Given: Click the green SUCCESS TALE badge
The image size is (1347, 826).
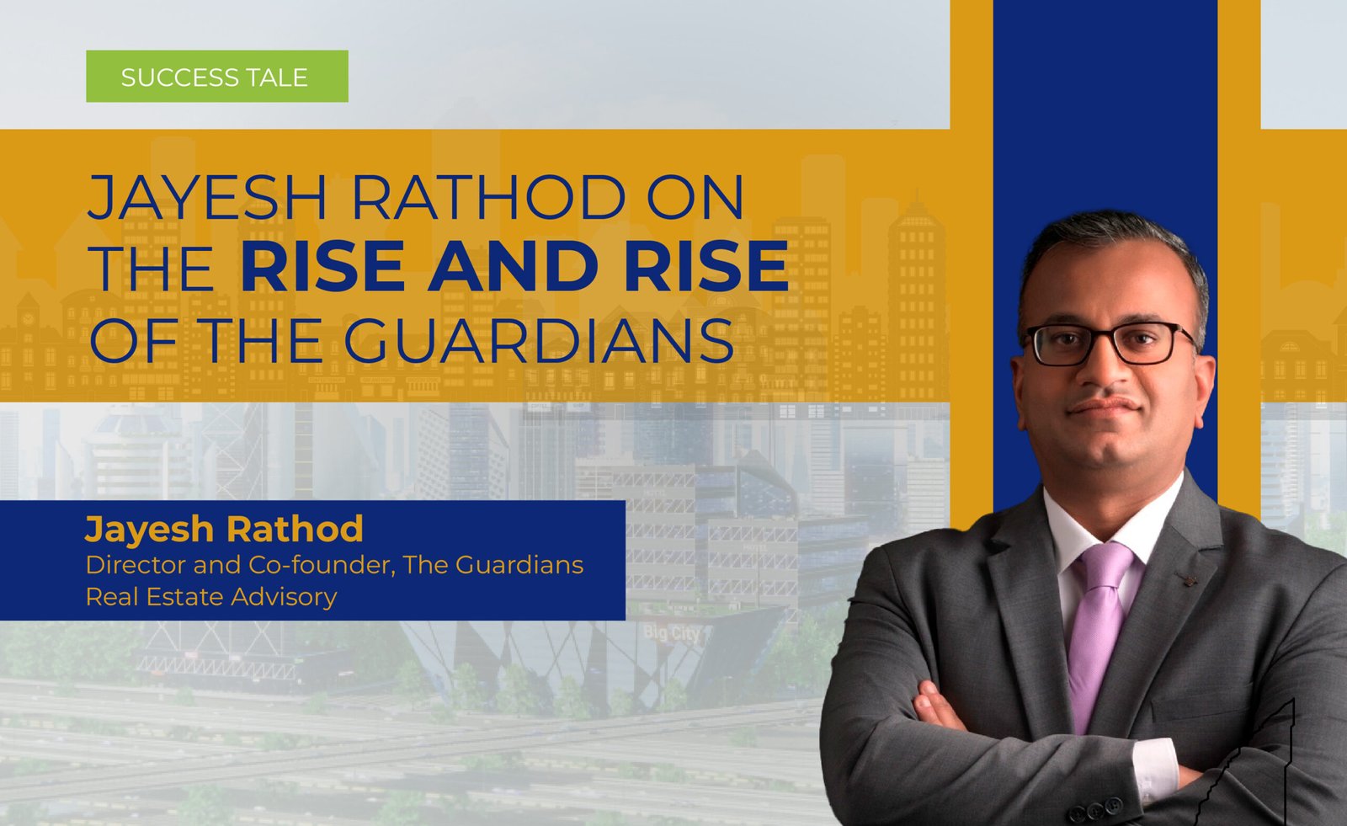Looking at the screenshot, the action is pyautogui.click(x=217, y=77).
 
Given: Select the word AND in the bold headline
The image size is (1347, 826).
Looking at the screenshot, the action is pyautogui.click(x=514, y=266).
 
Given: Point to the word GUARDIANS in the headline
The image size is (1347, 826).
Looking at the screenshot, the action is pyautogui.click(x=539, y=340).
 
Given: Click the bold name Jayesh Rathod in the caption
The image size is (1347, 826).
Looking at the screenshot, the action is pyautogui.click(x=224, y=529).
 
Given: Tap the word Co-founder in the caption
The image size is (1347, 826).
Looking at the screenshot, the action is pyautogui.click(x=322, y=565).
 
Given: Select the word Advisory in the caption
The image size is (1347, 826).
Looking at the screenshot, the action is pyautogui.click(x=284, y=597).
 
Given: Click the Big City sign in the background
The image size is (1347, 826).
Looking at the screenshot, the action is pyautogui.click(x=672, y=632).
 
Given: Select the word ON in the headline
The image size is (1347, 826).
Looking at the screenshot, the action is pyautogui.click(x=696, y=197).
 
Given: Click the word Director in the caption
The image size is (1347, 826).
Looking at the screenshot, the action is pyautogui.click(x=136, y=565).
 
